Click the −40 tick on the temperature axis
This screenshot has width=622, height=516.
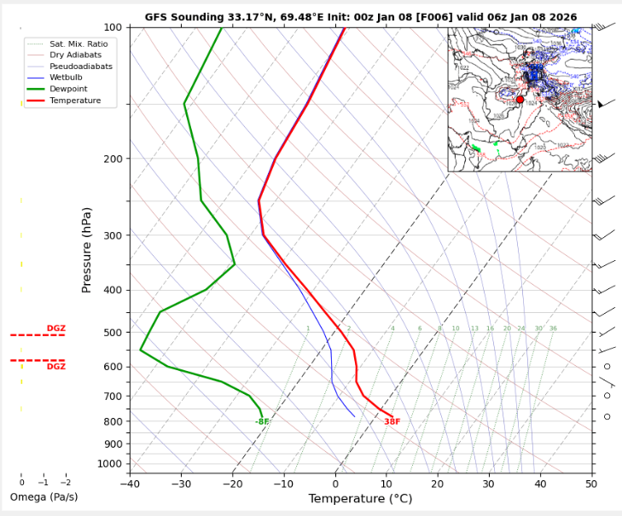coord(130,484)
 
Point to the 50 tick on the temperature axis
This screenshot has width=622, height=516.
coord(591,484)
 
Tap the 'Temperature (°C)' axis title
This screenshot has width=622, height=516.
coord(360,499)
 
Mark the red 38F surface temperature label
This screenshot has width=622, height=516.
coord(392,422)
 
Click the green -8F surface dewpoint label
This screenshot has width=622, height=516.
coord(262,422)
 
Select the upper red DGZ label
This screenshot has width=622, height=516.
coord(55,328)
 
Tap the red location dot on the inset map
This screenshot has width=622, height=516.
coord(520,100)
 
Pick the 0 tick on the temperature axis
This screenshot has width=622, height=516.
coord(335,484)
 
